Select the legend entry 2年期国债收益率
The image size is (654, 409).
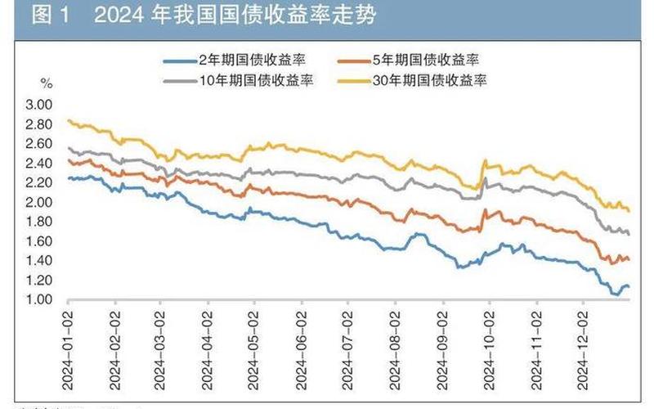pos(244,60)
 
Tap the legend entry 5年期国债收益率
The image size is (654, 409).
pos(429,60)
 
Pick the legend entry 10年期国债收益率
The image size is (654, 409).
pos(244,80)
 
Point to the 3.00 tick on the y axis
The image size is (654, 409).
pos(38,105)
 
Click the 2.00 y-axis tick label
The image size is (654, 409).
pos(38,202)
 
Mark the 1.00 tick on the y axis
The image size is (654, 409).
pos(38,299)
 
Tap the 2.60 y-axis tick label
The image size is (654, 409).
pos(38,144)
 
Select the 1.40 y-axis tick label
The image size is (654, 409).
pos(38,261)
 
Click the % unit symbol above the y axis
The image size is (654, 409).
pos(46,83)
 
